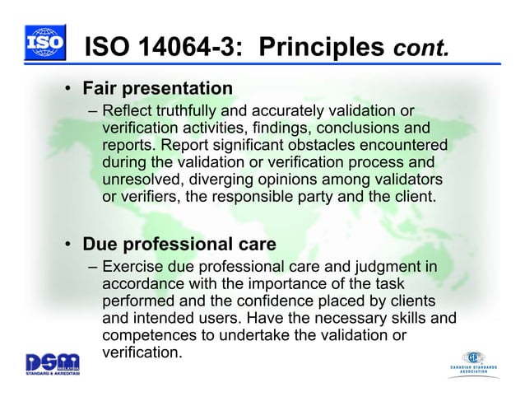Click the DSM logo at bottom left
(52, 362)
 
